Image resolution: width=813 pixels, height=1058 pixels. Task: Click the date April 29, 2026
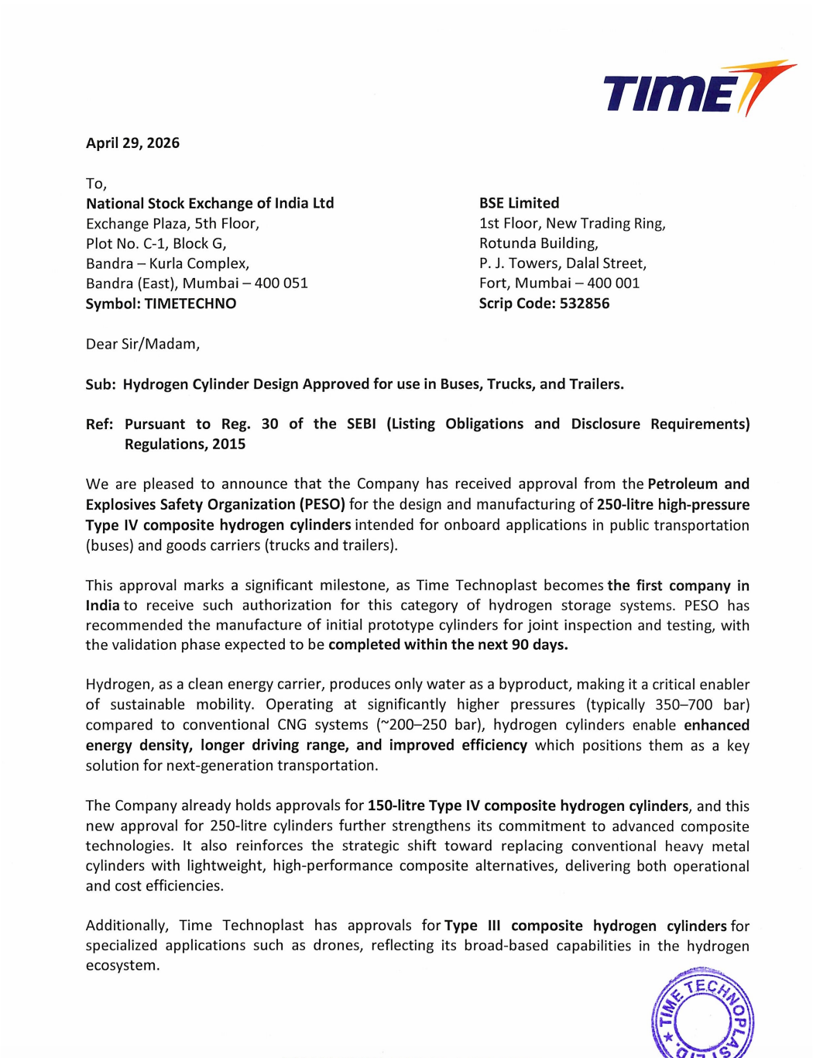coord(132,143)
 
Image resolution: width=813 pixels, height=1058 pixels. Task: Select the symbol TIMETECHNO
coord(190,304)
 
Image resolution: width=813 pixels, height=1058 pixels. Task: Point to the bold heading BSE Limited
coord(519,203)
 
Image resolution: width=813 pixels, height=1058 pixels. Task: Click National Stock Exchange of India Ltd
coord(210,204)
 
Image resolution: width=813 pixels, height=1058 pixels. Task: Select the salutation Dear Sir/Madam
coord(142,344)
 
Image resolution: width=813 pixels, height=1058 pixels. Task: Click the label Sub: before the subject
coord(101,384)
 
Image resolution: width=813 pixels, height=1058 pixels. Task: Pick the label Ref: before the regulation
coord(99,424)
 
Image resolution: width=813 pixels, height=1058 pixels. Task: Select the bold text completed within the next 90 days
coord(448,645)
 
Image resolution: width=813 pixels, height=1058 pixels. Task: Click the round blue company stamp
coord(702,1015)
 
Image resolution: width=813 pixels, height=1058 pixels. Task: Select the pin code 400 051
coord(281,283)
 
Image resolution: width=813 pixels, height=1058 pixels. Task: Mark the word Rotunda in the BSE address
coord(506,243)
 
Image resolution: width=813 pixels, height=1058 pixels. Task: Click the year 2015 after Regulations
coord(228,445)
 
